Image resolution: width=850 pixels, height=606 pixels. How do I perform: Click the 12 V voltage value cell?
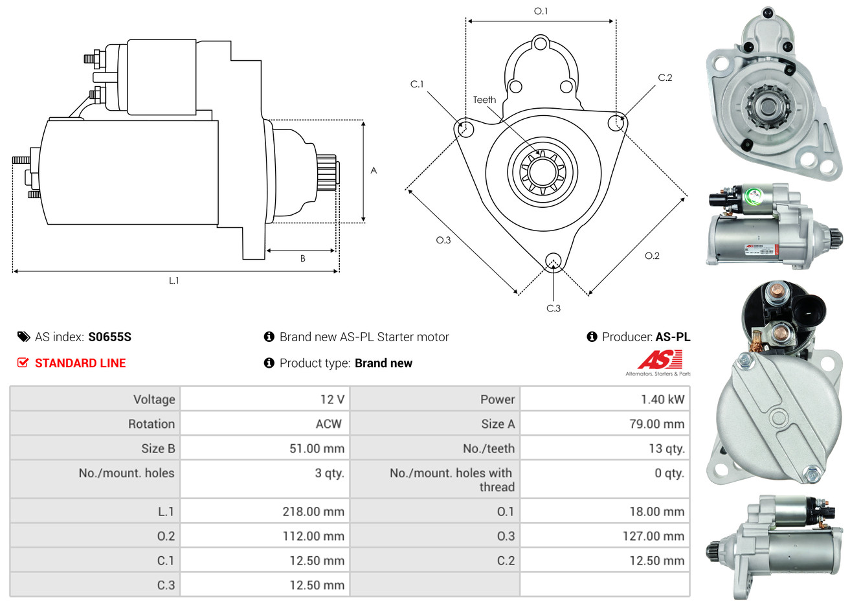point(332,399)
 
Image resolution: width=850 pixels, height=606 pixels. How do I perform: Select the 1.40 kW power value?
point(662,399)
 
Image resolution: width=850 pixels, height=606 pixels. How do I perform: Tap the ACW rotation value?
point(328,424)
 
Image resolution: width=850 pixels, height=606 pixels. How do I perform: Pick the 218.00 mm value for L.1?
point(313,511)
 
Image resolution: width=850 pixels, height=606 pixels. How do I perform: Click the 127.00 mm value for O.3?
point(653,536)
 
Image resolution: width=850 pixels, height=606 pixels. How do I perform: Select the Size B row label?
point(158,449)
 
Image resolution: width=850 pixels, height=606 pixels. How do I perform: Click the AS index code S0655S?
point(109,337)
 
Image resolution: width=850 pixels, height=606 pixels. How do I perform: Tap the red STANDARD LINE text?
point(80,363)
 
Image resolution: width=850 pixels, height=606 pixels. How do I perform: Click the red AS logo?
point(660,360)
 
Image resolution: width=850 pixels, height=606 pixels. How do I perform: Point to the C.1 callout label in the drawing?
point(417,84)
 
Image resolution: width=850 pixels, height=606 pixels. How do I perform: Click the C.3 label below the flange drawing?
point(554,308)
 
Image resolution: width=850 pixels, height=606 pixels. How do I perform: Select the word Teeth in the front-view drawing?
point(484,100)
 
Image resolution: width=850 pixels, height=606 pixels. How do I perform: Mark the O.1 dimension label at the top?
point(541,11)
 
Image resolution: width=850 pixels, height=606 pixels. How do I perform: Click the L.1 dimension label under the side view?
point(173,280)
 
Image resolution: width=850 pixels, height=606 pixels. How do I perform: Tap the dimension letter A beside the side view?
point(374,170)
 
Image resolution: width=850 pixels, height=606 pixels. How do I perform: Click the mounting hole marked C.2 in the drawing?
point(617,122)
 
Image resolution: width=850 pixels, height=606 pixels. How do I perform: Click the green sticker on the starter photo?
point(754,196)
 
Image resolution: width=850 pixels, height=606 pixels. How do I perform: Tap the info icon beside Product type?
point(269,363)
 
